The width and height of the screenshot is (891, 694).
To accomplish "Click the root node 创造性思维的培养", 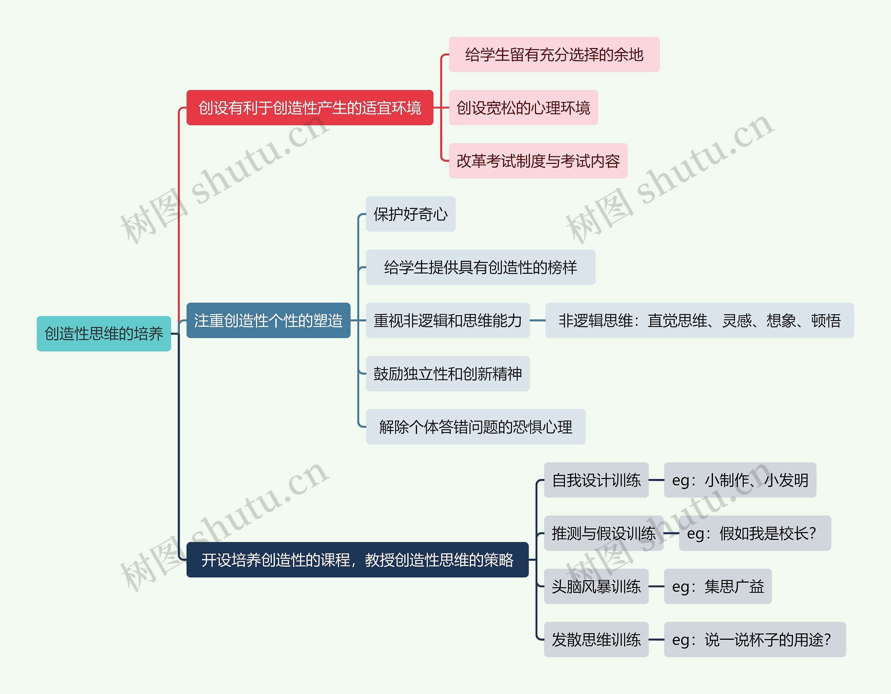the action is click(104, 334).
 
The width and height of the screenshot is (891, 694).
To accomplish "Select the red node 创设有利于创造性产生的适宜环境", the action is click(310, 107).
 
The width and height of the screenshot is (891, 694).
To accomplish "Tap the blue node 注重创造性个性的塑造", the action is click(268, 320).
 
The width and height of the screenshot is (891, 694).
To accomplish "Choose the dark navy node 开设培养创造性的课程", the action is click(357, 560).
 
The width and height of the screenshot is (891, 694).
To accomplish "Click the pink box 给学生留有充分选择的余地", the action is click(554, 55).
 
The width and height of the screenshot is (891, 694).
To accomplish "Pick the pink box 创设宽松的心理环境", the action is click(523, 107).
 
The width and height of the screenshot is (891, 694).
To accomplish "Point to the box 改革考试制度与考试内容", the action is click(538, 161).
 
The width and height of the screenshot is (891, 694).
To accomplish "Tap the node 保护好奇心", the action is click(410, 214).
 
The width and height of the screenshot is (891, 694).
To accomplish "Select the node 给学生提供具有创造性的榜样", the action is click(480, 268).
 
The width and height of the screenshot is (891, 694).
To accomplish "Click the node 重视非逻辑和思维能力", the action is click(448, 320).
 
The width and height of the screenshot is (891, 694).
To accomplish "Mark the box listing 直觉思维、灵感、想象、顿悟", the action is click(699, 320).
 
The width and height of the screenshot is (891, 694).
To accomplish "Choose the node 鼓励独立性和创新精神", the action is click(448, 374).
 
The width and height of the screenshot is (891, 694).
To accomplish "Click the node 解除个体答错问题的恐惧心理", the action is click(475, 427).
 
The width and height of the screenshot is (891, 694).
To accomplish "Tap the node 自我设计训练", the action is click(596, 480).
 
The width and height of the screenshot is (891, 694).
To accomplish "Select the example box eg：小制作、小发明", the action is click(740, 480).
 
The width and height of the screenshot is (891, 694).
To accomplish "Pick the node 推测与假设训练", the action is click(604, 533).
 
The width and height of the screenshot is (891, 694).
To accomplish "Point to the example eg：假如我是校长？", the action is click(754, 533).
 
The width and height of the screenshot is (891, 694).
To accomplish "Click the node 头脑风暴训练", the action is click(596, 587).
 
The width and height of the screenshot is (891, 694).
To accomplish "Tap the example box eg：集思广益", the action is click(718, 587).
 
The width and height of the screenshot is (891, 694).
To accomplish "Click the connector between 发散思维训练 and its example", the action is click(656, 640).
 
